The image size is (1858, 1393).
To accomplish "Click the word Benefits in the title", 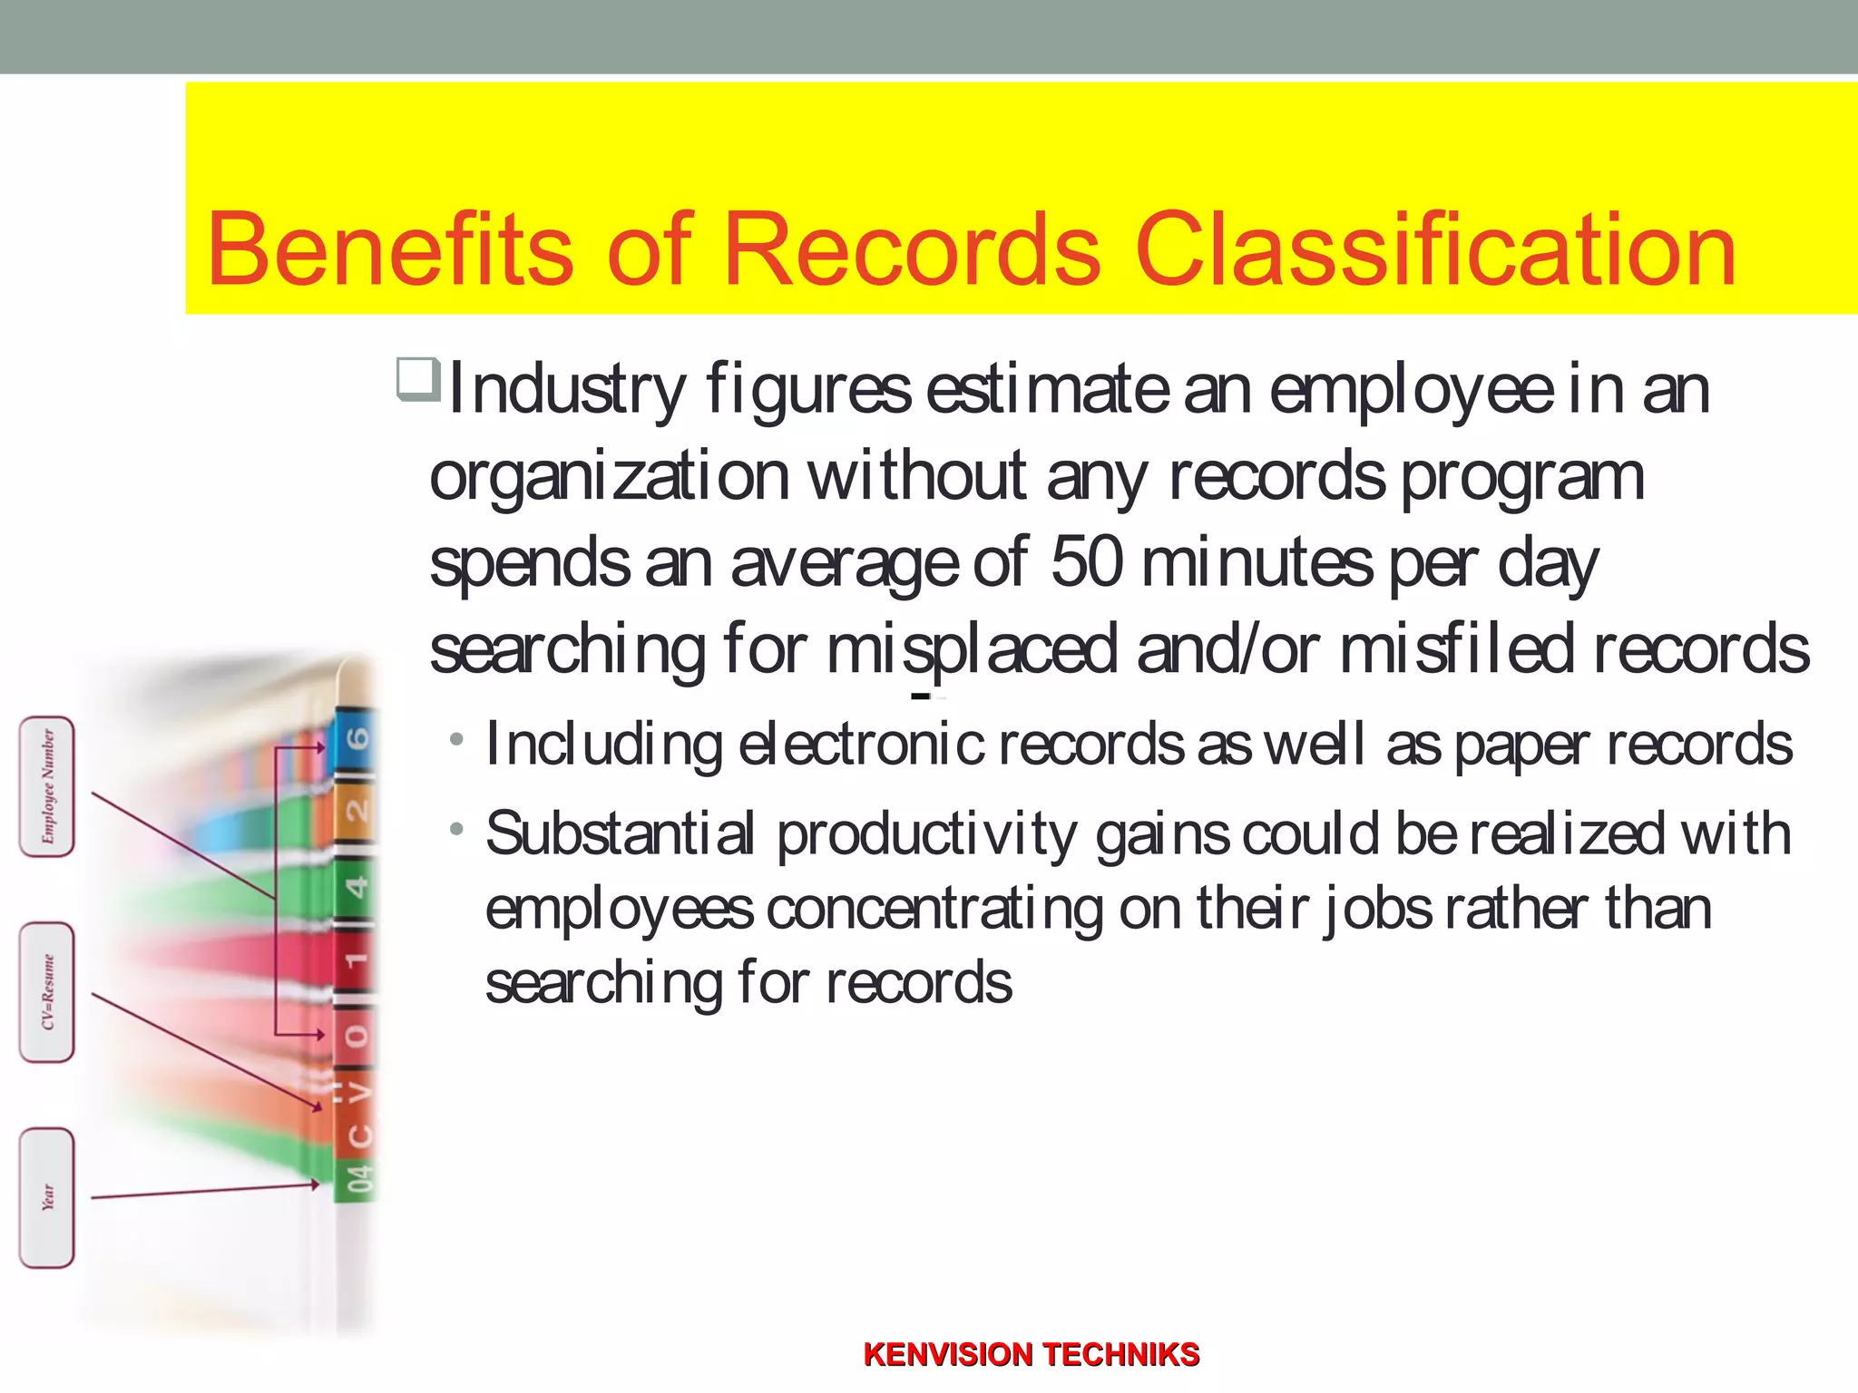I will tap(390, 249).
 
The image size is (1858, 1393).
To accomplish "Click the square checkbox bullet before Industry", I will tap(418, 380).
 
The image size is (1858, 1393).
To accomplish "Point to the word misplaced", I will tap(972, 650).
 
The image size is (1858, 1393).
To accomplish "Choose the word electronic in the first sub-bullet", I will tap(861, 745).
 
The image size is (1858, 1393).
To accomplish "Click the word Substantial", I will tap(620, 833).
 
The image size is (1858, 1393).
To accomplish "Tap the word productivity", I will tap(926, 835).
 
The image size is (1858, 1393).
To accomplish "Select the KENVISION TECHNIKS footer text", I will tap(1032, 1355).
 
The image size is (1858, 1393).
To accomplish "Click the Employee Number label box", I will tap(47, 785).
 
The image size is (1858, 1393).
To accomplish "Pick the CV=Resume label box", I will tap(47, 992).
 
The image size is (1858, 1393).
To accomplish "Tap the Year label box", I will tap(47, 1197).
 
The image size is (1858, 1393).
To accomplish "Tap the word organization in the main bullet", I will tap(610, 476).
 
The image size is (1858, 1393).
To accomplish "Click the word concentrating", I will tap(934, 910).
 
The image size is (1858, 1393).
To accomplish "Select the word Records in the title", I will tap(912, 249).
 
